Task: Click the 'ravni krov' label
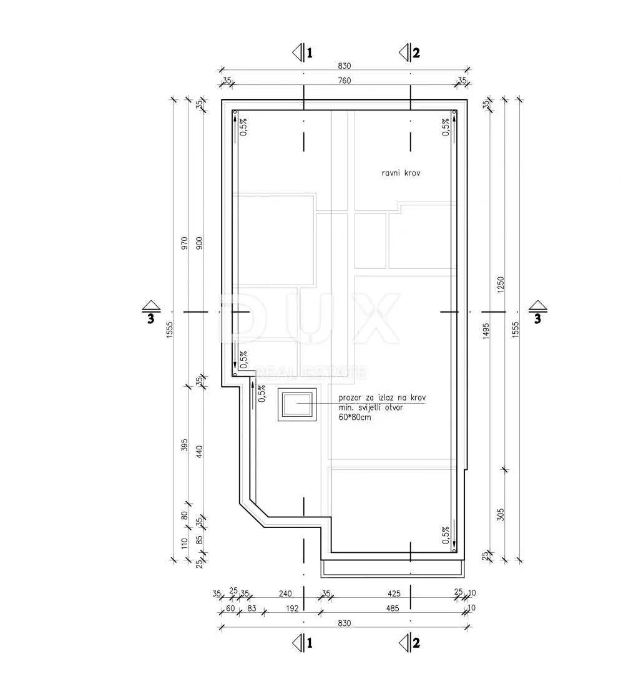tap(401, 173)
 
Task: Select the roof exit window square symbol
tap(297, 404)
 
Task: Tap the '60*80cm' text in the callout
tap(355, 417)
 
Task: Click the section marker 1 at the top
tap(303, 53)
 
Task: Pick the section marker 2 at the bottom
tap(409, 643)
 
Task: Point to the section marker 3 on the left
tap(151, 312)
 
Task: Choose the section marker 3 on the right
tap(537, 312)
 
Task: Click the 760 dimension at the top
tap(345, 81)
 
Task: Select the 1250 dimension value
tap(501, 285)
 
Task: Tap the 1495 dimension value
tap(486, 331)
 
